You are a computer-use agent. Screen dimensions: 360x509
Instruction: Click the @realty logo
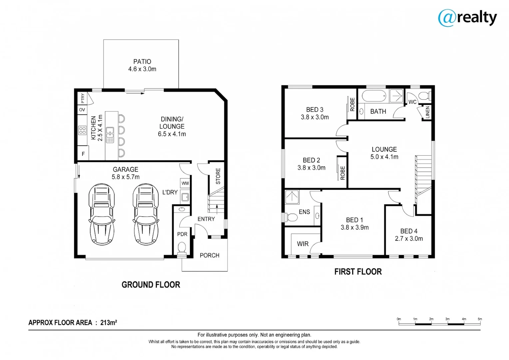(x=467, y=17)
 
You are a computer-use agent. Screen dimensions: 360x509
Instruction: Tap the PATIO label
(x=142, y=62)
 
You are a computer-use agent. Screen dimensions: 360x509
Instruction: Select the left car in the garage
(x=102, y=214)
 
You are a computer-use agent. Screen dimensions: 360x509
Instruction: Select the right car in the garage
(x=146, y=214)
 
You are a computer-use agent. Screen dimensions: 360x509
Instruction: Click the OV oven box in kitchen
(x=82, y=110)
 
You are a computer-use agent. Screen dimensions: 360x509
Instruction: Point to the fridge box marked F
(x=83, y=154)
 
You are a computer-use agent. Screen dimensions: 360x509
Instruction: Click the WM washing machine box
(x=185, y=183)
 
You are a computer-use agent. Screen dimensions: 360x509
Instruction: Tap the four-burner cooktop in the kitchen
(x=82, y=130)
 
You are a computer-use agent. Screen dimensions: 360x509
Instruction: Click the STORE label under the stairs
(x=218, y=176)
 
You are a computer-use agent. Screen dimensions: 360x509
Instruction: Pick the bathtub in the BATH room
(x=374, y=96)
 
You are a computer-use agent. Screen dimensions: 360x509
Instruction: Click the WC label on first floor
(x=412, y=102)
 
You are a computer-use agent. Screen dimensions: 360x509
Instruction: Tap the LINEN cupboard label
(x=428, y=112)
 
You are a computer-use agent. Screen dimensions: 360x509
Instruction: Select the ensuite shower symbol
(x=292, y=197)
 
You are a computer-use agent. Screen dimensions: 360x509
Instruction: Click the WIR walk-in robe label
(x=302, y=244)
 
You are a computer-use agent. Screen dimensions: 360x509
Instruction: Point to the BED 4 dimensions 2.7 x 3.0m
(x=409, y=239)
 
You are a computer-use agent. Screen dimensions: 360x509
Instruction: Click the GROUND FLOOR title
(x=151, y=285)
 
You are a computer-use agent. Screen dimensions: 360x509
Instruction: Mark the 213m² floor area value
(x=109, y=322)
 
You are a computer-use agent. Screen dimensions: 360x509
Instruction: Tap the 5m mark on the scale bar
(x=480, y=319)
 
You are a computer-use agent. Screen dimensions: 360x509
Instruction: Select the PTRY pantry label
(x=83, y=98)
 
